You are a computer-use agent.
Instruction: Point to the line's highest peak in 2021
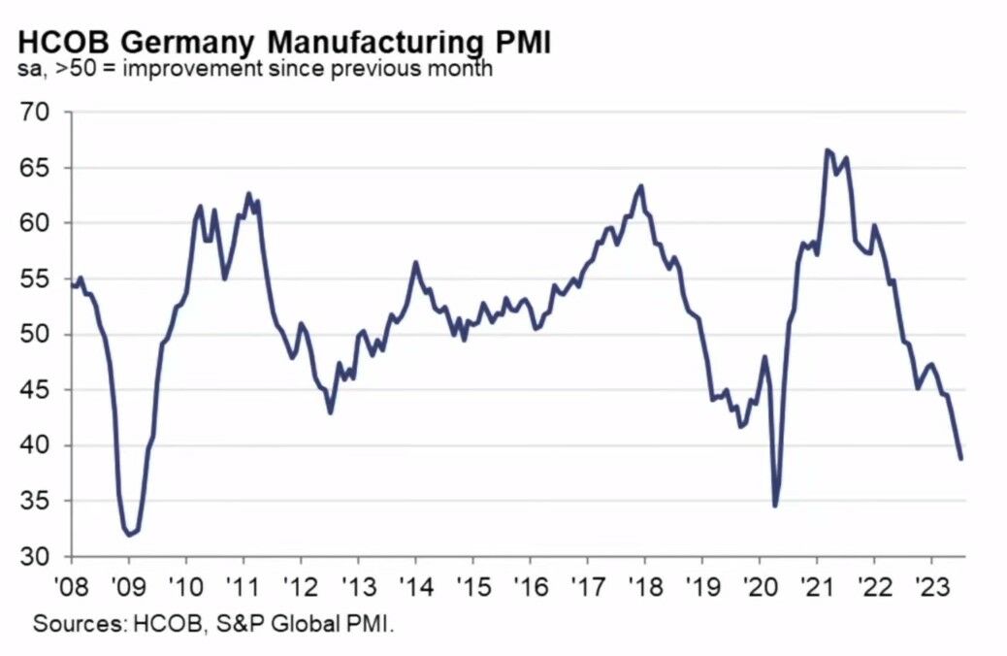pos(827,149)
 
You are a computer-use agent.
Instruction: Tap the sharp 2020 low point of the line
pos(775,506)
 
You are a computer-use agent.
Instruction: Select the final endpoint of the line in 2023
pos(961,459)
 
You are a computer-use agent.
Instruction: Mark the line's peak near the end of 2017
pos(641,185)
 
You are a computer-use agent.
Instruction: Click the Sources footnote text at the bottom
pos(214,624)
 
